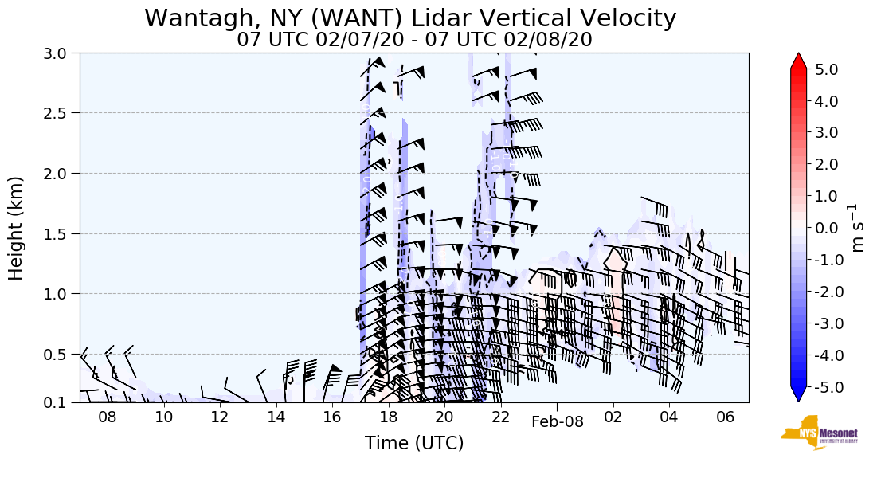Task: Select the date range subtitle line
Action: pyautogui.click(x=414, y=40)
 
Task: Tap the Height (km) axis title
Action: pyautogui.click(x=16, y=227)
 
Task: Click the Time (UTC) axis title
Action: pyautogui.click(x=414, y=443)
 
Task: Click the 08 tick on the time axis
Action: pyautogui.click(x=108, y=417)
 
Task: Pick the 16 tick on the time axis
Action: pyautogui.click(x=332, y=417)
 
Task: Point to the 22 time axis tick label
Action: pyautogui.click(x=500, y=417)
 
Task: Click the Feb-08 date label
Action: pyautogui.click(x=558, y=422)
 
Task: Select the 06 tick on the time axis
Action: pyautogui.click(x=725, y=417)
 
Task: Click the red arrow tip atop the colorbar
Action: pyautogui.click(x=799, y=60)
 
